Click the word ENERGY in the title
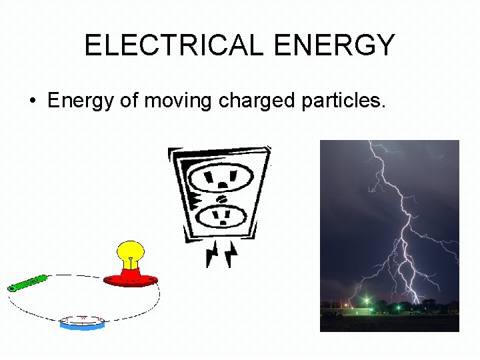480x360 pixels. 335,45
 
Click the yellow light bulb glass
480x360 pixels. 131,252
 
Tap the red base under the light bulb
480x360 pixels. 131,278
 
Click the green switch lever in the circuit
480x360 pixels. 27,283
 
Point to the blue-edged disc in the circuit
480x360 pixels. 82,323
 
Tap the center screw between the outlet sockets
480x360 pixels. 221,197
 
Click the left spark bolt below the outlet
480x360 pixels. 213,254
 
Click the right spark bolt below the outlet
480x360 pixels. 231,254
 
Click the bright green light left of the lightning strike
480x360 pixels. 367,301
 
